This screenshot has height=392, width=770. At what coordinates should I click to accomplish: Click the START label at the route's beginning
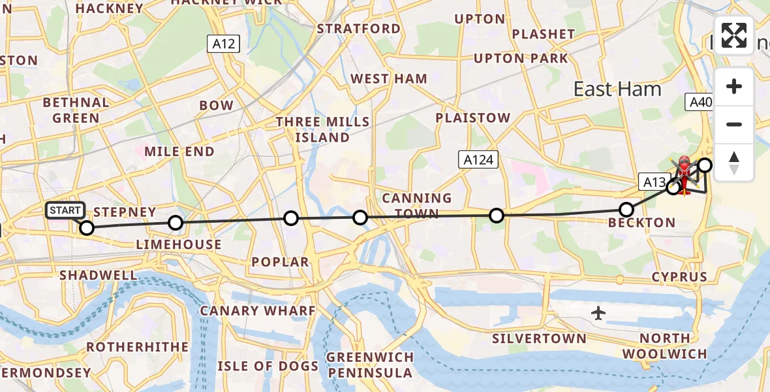(65, 210)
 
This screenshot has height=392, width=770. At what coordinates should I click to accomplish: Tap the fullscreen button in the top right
(734, 35)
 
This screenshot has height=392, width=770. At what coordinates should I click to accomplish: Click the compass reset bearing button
(734, 163)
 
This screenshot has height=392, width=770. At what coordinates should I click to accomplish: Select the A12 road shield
(224, 44)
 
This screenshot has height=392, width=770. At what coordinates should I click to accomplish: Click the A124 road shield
(478, 160)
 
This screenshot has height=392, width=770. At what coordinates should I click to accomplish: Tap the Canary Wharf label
(258, 311)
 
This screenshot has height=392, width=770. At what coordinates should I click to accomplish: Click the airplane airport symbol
(598, 314)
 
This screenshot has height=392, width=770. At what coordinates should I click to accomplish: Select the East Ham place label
(617, 90)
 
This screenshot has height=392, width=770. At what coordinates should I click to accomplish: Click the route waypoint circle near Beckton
(626, 210)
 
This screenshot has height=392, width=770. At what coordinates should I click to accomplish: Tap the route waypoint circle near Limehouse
(176, 223)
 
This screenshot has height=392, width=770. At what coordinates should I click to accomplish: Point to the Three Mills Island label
(322, 130)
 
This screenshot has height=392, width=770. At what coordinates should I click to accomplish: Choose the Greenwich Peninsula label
(370, 365)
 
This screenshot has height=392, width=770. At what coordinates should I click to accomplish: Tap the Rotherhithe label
(137, 347)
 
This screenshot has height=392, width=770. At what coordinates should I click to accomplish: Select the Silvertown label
(539, 338)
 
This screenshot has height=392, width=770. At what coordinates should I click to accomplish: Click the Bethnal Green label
(76, 110)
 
